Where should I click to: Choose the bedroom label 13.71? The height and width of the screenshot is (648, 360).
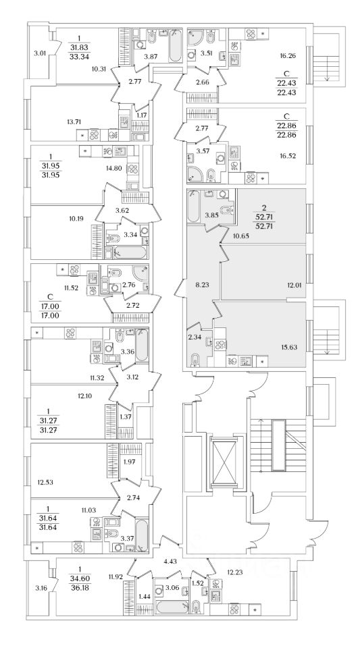tap(72, 121)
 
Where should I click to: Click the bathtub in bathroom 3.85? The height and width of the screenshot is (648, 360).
tap(193, 207)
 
